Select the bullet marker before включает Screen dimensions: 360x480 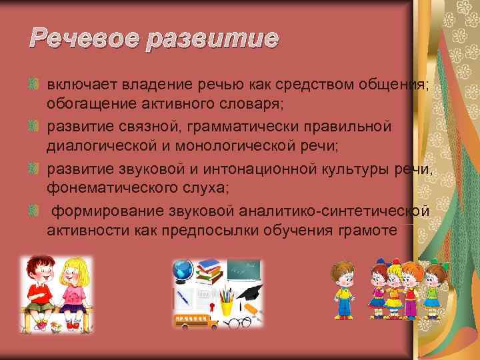point(35,85)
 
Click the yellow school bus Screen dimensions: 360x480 point(194,321)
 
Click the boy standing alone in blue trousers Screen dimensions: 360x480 point(344,290)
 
